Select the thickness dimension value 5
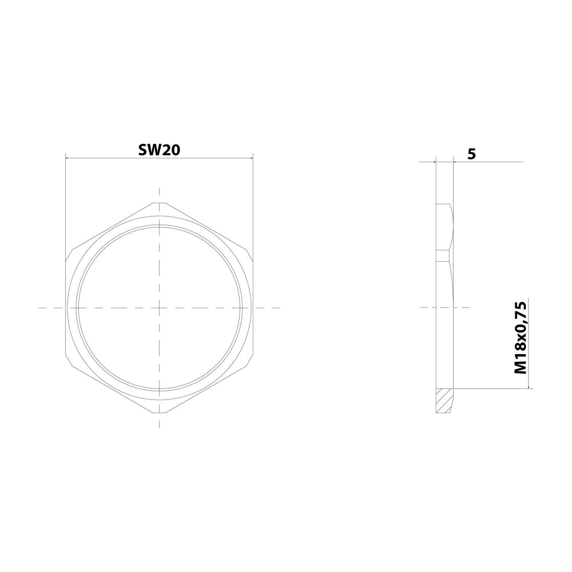click(472, 154)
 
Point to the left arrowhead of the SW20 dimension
click(68, 157)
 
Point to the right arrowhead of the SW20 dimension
click(251, 157)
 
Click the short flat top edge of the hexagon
click(159, 203)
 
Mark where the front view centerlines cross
click(159, 307)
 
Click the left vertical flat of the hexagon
click(66, 307)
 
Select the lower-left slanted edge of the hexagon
click(111, 388)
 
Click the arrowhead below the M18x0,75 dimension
click(528, 387)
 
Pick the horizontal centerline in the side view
click(444, 307)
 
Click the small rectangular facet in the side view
click(443, 255)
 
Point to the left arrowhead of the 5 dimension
click(434, 162)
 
